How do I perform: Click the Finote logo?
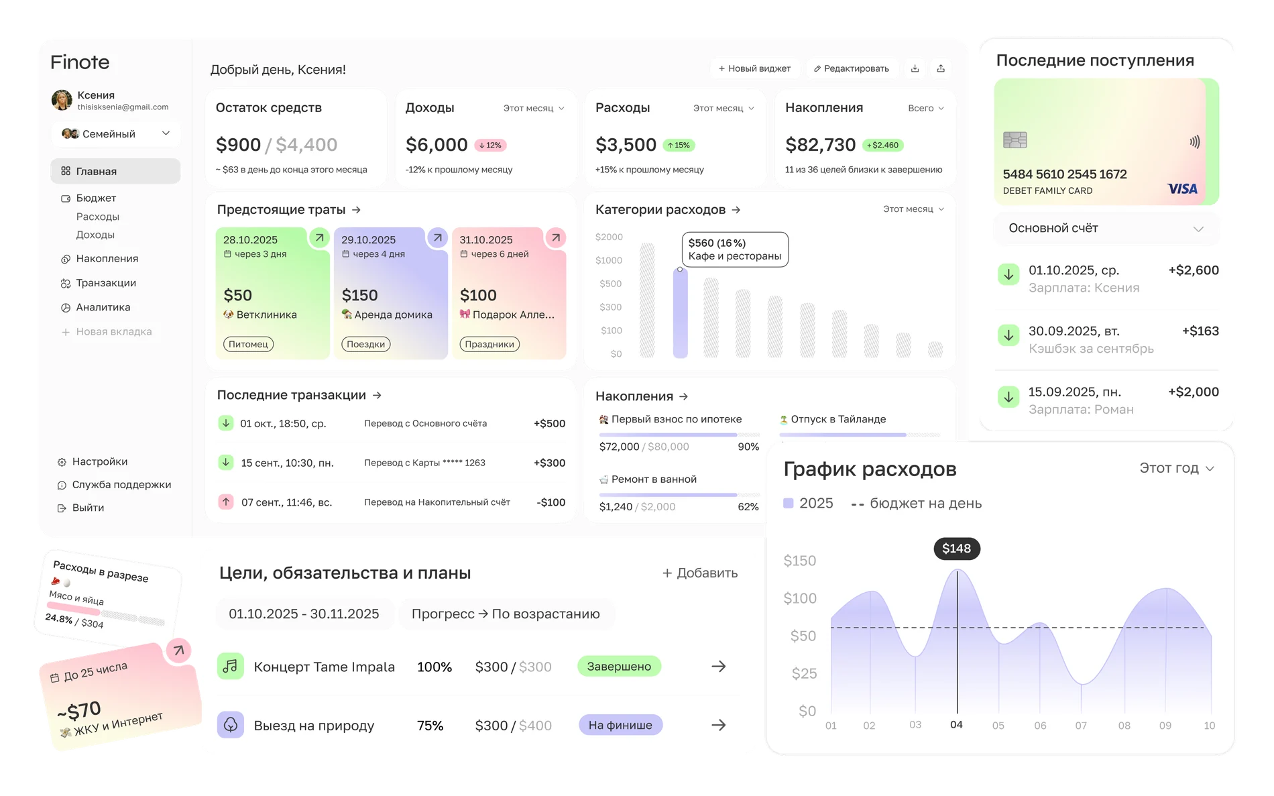click(x=80, y=62)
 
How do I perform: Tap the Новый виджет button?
click(x=754, y=68)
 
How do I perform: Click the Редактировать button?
click(x=852, y=68)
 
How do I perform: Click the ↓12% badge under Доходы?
click(x=490, y=145)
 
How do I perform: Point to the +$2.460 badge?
click(x=882, y=145)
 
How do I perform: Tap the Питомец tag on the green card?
click(x=248, y=344)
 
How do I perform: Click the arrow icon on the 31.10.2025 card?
click(x=555, y=237)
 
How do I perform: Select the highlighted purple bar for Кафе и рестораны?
click(x=680, y=313)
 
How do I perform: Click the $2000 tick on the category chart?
click(x=609, y=237)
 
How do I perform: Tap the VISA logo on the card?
click(x=1182, y=189)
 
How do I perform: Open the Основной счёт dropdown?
click(x=1106, y=229)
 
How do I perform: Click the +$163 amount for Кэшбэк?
click(x=1200, y=331)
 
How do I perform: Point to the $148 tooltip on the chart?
click(x=957, y=549)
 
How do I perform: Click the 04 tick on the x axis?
click(x=956, y=725)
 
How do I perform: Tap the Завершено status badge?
click(x=619, y=667)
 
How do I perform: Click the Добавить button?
click(x=700, y=573)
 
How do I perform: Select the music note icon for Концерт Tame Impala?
click(x=230, y=667)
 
